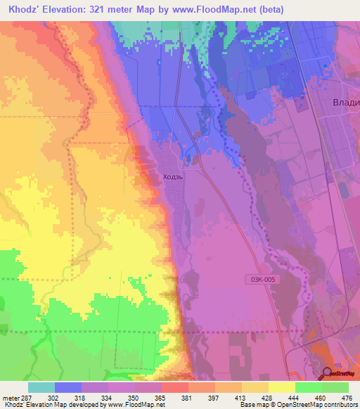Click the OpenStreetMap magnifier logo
(x=328, y=373)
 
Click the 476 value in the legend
(x=347, y=398)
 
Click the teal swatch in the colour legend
(x=41, y=387)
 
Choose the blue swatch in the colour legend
(x=68, y=387)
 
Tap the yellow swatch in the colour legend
(x=281, y=387)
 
